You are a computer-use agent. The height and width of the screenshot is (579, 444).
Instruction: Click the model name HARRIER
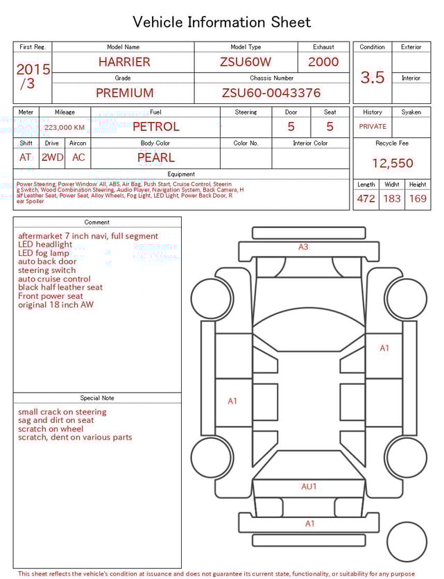pos(123,62)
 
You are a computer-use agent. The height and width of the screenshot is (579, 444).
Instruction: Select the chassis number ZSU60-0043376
pos(271,93)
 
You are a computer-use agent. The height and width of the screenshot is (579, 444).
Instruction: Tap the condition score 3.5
pos(373,78)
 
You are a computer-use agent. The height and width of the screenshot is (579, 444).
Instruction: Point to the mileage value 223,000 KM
pos(65,128)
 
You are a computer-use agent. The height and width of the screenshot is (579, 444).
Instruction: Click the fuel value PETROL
pos(155,127)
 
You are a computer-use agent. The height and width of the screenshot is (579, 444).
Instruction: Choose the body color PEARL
pos(155,157)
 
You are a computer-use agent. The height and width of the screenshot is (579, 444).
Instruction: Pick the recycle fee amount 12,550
pos(392,164)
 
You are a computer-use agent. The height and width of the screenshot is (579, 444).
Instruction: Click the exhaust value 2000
pos(323,62)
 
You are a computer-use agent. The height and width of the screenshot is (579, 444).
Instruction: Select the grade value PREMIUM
pos(124,93)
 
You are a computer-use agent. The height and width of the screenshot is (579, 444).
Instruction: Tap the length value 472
pos(366,198)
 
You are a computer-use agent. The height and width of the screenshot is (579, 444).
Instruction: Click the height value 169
pos(418,198)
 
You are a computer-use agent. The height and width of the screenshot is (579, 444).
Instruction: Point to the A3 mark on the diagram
pos(303,247)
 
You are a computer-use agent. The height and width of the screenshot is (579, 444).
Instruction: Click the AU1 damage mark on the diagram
pos(309,487)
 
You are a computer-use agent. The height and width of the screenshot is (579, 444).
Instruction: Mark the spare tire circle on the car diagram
pos(407,542)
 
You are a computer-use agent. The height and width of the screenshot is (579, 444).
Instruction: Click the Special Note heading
pos(97,398)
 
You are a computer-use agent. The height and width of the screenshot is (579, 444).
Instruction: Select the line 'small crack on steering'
pos(62,412)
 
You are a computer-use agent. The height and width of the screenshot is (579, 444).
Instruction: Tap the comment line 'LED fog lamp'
pos(44,253)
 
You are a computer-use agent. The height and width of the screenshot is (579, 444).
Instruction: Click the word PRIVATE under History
pos(373,127)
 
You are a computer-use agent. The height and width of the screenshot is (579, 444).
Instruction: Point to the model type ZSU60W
pos(246,62)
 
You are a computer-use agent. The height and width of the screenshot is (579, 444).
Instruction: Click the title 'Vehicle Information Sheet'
pos(222,22)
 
